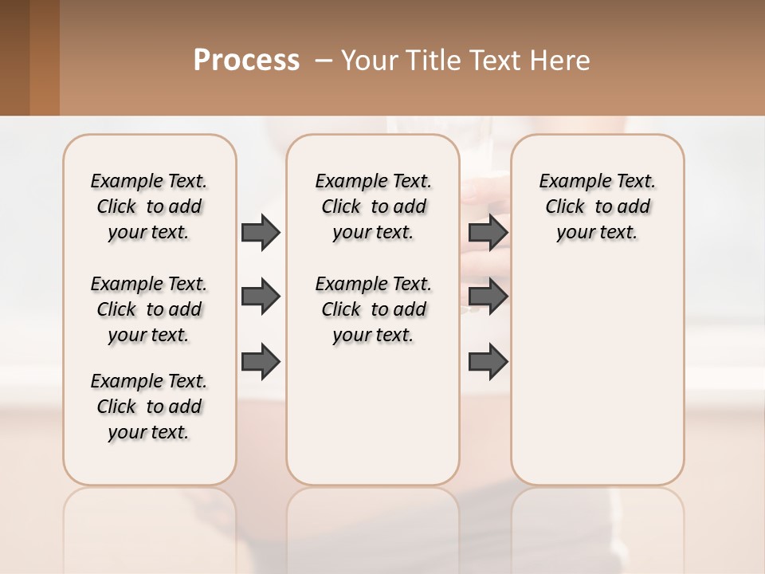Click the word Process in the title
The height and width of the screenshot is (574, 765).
(246, 61)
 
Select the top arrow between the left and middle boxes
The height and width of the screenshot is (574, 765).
(261, 232)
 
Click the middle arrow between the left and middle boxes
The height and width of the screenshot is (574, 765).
(261, 297)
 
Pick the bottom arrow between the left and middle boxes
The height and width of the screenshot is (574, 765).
(261, 361)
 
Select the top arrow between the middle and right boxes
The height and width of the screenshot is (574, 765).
(488, 232)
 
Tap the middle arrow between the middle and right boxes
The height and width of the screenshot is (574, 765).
(488, 297)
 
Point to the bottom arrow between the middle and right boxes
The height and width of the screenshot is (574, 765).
(488, 361)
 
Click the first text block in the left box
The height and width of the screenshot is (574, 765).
(149, 206)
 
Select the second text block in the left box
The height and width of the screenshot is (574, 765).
(149, 309)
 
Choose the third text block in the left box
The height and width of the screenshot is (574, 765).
(149, 407)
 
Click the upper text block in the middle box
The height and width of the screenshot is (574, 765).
(374, 206)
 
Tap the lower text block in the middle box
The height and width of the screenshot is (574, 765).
(374, 309)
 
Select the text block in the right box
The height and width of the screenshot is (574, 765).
(598, 206)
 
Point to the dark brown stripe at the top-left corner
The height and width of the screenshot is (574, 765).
(14, 57)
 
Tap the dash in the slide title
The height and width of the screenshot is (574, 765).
(324, 61)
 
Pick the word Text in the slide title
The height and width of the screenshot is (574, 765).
(495, 61)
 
